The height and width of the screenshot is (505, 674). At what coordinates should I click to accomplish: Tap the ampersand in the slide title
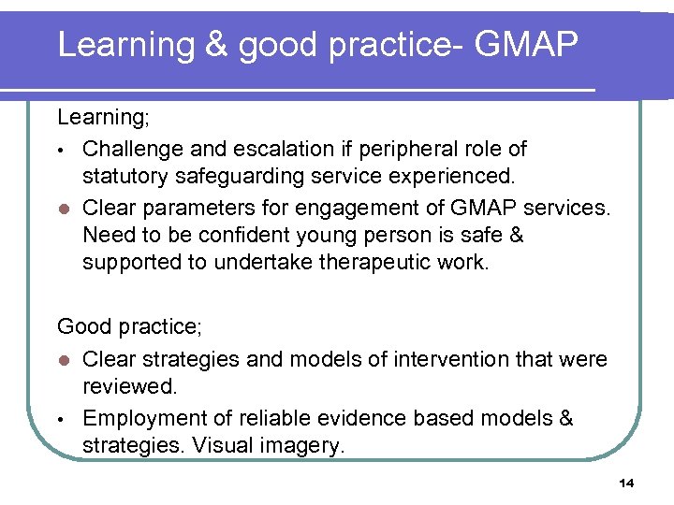pyautogui.click(x=216, y=44)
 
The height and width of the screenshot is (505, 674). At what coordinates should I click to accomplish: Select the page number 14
pyautogui.click(x=626, y=483)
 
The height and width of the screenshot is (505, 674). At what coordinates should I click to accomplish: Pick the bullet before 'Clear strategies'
pyautogui.click(x=62, y=360)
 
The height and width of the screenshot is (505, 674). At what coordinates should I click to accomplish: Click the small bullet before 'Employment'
pyautogui.click(x=61, y=419)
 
